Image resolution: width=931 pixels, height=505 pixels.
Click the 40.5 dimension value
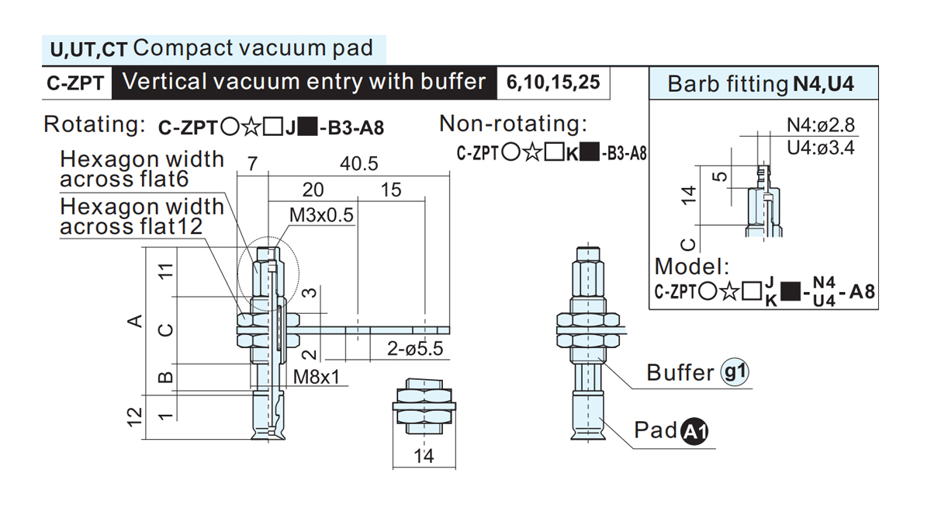pos(358,164)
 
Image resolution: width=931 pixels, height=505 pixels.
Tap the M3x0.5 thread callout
pos(321,215)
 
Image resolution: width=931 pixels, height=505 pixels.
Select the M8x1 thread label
pos(317,377)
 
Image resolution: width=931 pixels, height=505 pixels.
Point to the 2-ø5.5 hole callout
pos(415,349)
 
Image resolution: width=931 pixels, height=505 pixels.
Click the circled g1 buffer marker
pos(735,371)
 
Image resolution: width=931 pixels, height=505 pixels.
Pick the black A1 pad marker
pos(694,431)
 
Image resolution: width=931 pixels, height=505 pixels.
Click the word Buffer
pos(680,372)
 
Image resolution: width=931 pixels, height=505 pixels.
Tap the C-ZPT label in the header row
pos(75,83)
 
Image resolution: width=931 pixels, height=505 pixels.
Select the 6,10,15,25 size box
pos(553,82)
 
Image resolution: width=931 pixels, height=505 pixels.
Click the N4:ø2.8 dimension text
pos(821,125)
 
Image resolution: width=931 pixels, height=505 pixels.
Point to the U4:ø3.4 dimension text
pos(821,148)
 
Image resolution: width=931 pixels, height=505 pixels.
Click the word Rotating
pos(95,124)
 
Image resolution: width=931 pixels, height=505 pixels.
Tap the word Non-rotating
pos(514,124)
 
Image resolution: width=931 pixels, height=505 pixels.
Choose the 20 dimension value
pos(313,190)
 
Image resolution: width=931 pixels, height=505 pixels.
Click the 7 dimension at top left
pos(252,164)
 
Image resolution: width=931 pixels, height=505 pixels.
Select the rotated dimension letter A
pos(135,321)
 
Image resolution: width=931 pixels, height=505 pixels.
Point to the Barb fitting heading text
pos(728,84)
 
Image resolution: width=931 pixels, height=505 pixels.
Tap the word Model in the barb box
pos(692,266)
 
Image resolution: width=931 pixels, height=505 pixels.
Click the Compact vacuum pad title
pos(253,48)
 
